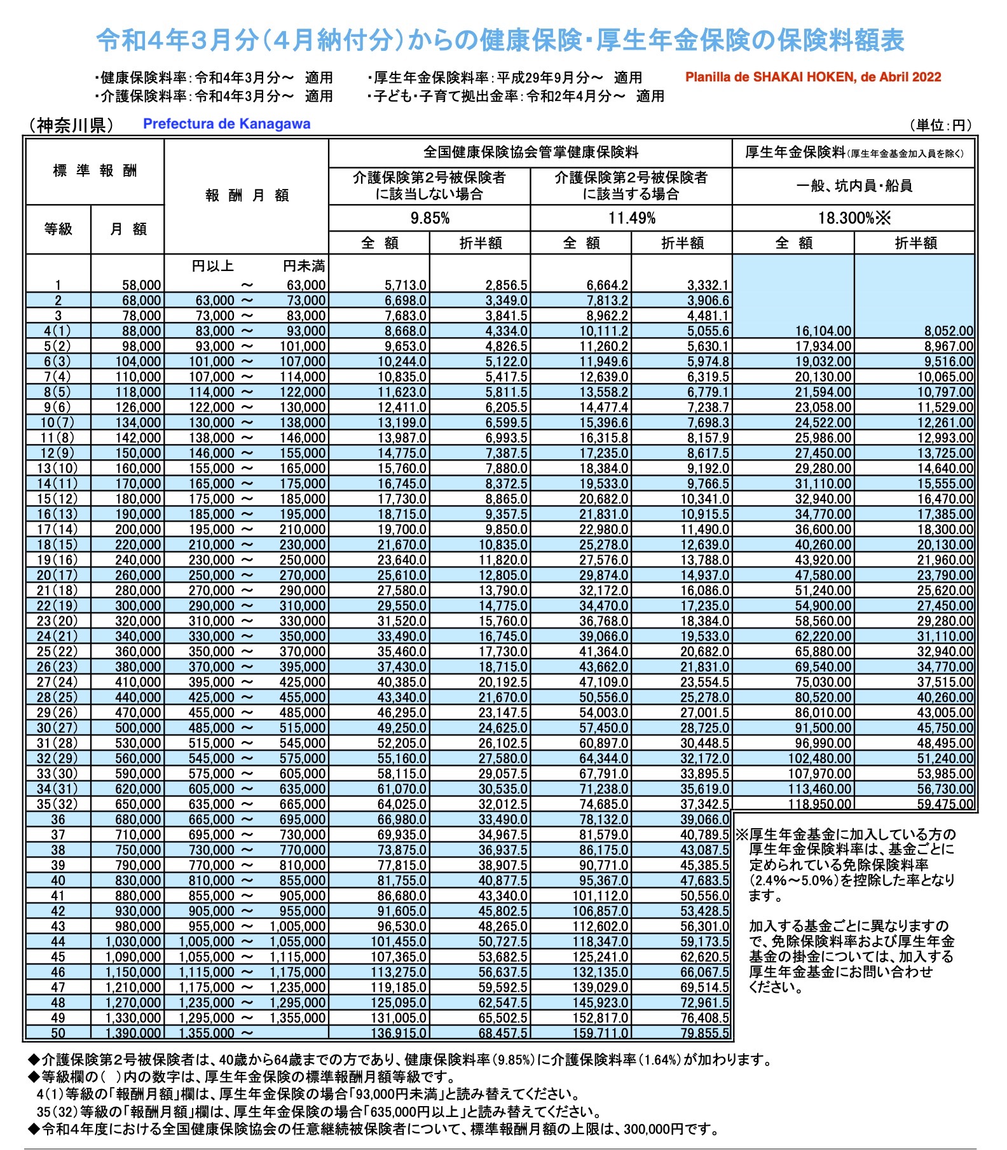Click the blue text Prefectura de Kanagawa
pos(226,124)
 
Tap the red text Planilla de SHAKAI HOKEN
pos(812,77)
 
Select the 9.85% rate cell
pos(430,218)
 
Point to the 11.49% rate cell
pos(631,218)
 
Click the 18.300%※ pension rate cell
pos(853,218)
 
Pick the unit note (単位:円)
pos(942,125)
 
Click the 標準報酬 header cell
pos(95,170)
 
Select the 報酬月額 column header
pos(247,195)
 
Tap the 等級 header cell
pos(58,229)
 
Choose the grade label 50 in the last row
pos(58,1033)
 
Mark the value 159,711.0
pos(603,1033)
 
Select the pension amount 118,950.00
pos(823,804)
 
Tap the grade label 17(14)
pos(58,529)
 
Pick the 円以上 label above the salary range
pos(212,266)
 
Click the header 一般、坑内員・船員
pos(853,186)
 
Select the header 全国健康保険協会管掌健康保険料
pos(531,153)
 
